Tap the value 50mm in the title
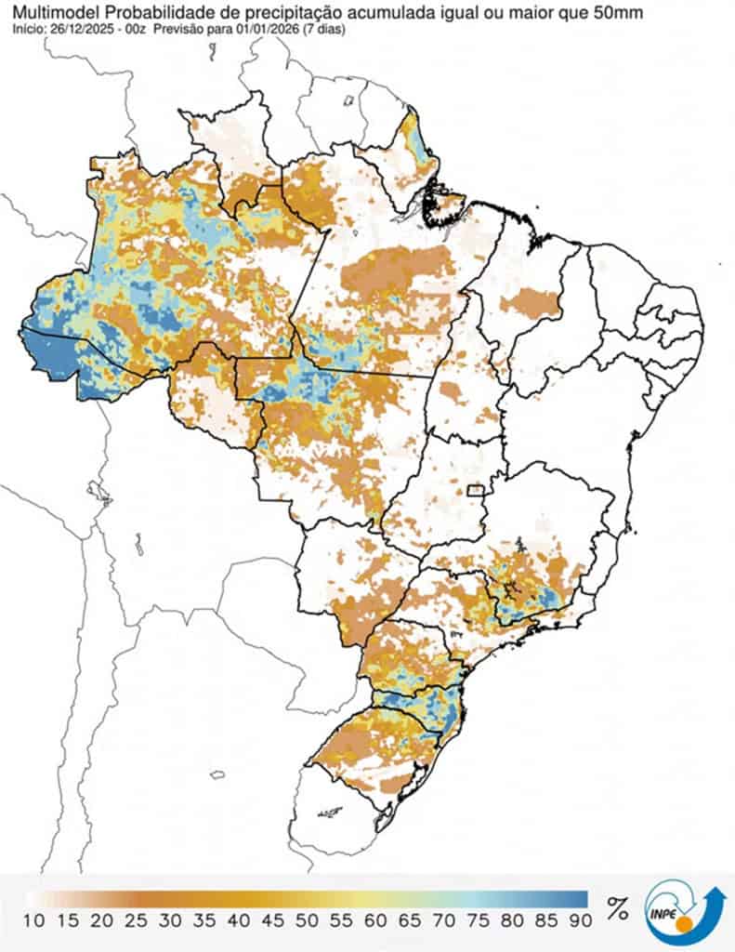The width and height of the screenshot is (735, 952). pos(619,12)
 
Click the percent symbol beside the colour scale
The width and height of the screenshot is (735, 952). pos(617,908)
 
